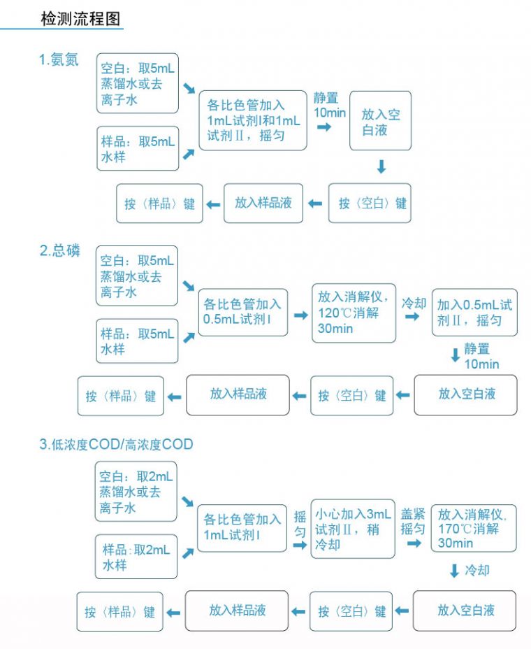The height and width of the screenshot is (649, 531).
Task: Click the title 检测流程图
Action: coord(80,19)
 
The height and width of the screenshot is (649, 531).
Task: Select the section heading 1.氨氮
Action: coord(59,60)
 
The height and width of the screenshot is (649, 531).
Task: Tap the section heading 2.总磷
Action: coord(59,251)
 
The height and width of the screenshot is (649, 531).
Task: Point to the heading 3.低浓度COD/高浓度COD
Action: coord(116,445)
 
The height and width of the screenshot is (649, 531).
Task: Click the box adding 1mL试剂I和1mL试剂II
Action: coord(253,120)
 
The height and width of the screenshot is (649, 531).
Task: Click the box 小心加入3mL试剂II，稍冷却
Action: coord(353,529)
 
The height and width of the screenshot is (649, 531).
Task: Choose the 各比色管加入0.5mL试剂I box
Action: coord(242,312)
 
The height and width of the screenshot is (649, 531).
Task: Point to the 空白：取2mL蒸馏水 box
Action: coord(136,492)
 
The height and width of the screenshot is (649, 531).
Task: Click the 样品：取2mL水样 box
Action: coord(136,557)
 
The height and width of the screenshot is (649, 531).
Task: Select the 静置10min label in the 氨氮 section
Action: coord(329,105)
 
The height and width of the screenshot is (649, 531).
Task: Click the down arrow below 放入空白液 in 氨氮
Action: coord(381,166)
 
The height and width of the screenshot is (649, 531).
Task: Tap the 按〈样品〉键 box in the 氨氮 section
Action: coord(159,204)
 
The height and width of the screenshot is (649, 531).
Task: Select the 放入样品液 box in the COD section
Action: coord(238,610)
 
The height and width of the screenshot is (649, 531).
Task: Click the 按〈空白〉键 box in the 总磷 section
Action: coord(351,395)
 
